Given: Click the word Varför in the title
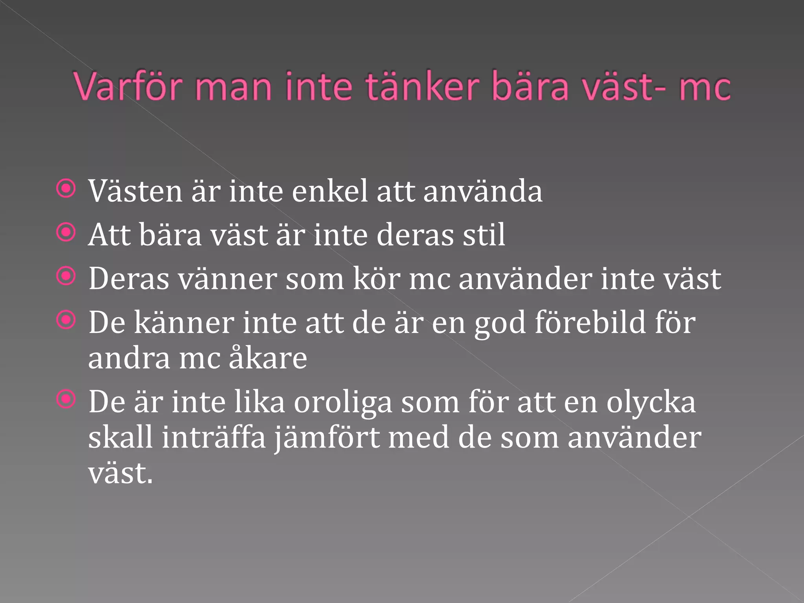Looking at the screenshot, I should click(x=128, y=86).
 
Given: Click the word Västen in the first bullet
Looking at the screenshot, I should click(x=135, y=192).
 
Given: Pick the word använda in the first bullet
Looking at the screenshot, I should click(x=482, y=192).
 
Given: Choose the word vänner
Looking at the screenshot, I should click(x=228, y=279).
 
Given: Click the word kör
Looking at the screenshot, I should click(x=376, y=279).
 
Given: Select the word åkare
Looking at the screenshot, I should click(x=268, y=358).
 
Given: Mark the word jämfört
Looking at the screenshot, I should click(x=327, y=438).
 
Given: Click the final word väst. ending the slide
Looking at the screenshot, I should click(x=120, y=473).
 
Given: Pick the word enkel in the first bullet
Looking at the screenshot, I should click(x=330, y=192).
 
